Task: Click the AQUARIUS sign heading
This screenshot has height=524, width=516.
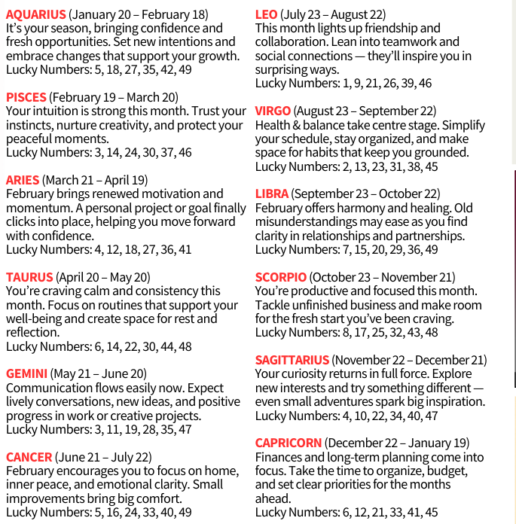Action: pos(35,14)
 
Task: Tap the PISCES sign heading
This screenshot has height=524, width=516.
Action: pos(26,97)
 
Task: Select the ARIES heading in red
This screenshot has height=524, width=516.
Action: pos(23,180)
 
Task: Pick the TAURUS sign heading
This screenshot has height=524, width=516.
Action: pos(29,277)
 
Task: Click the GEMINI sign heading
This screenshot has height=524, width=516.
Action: pos(27,373)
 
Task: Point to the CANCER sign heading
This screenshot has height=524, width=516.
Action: pos(29,457)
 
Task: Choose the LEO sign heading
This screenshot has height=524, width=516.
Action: pos(266,14)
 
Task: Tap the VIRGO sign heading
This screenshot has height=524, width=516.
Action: pos(273,111)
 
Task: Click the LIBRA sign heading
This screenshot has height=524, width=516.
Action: pos(272,194)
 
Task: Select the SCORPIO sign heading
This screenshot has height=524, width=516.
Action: pos(280,277)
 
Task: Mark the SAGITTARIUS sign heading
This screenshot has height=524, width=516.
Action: pos(292,360)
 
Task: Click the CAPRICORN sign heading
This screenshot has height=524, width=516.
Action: pos(289,443)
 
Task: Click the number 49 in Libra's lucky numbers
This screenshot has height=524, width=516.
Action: pos(431,249)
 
